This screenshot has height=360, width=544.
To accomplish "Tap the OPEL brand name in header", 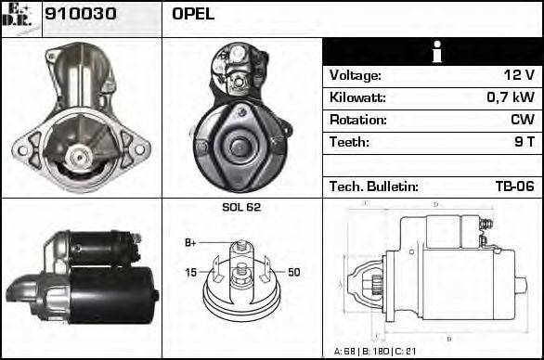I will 193,14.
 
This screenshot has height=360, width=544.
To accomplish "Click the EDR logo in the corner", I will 20,18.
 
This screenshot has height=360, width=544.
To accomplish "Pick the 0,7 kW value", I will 512,97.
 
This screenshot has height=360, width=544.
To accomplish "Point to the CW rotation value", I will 522,120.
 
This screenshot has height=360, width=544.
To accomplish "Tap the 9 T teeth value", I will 525,142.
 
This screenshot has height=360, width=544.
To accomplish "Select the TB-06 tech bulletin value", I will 514,186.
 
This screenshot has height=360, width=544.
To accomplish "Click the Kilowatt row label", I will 357,97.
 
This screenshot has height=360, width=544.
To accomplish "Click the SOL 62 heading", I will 241,207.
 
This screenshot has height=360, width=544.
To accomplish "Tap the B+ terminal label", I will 190,243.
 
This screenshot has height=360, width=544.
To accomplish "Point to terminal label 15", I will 190,272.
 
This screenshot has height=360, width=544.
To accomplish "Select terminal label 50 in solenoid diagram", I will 293,272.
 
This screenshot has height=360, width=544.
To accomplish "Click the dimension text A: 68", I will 345,352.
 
